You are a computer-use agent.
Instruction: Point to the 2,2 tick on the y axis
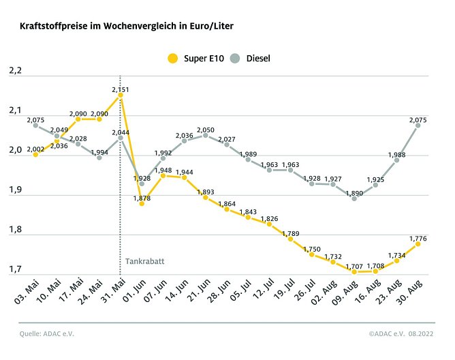(15, 71)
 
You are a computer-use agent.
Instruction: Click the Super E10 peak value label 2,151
(121, 89)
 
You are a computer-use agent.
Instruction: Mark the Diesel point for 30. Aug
(418, 125)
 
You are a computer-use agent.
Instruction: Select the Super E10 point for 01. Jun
(142, 203)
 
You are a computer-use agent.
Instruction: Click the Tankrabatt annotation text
(144, 261)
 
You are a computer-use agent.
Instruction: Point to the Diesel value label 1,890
(355, 193)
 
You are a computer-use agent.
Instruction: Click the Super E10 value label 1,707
(354, 264)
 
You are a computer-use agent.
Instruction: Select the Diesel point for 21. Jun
(205, 135)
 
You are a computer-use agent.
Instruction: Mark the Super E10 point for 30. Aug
(418, 243)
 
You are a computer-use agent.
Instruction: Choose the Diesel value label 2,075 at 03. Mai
(37, 119)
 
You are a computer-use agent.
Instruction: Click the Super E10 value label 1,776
(418, 238)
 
